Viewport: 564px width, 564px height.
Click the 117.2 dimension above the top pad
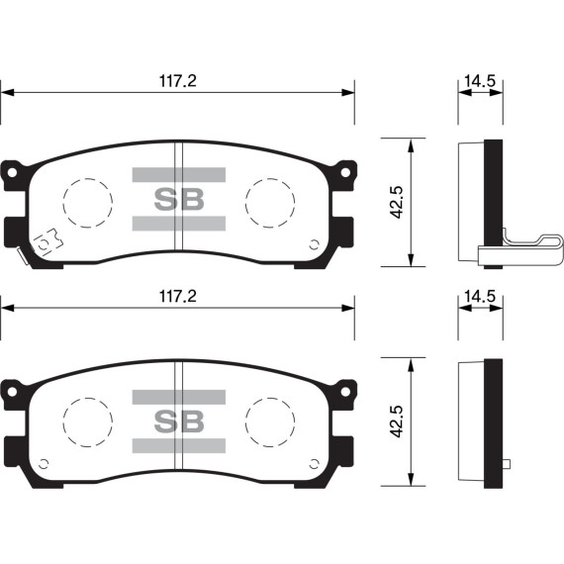(178, 81)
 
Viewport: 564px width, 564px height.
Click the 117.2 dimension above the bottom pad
(178, 297)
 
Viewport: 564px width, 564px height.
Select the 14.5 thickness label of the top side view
(480, 81)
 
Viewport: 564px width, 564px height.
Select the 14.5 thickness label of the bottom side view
(480, 297)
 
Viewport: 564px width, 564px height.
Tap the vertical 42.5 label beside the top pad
(398, 202)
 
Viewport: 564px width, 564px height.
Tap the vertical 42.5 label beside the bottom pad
(398, 421)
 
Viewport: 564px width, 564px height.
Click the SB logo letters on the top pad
(179, 199)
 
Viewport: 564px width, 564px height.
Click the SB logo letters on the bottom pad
(179, 422)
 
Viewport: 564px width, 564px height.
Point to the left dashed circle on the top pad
(87, 203)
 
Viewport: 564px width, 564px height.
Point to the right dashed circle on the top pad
(270, 203)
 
